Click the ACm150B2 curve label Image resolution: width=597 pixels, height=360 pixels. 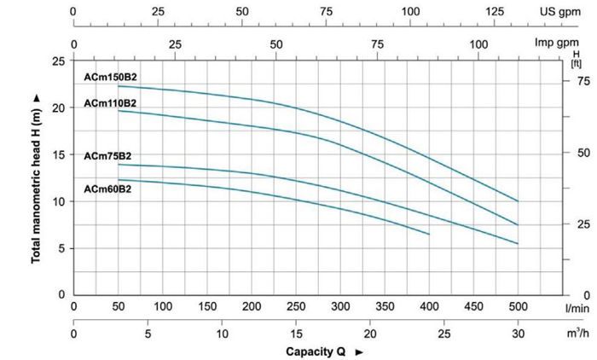click(x=111, y=78)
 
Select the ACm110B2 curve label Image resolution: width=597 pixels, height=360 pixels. click(x=111, y=103)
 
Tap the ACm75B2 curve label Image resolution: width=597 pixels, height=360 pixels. click(x=107, y=156)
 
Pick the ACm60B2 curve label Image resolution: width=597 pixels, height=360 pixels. click(x=107, y=189)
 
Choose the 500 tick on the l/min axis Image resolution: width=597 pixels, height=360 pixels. click(x=518, y=305)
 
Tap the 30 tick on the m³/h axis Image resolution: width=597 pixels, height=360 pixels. click(x=518, y=334)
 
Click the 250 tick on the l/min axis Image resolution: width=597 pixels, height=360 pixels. click(x=296, y=305)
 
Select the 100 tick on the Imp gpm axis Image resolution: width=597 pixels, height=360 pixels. click(x=478, y=43)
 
